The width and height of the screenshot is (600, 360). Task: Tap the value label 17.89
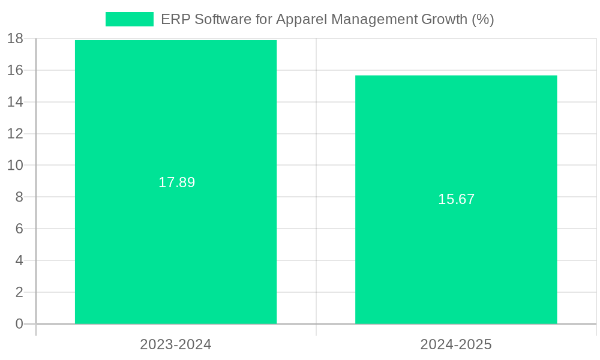click(176, 182)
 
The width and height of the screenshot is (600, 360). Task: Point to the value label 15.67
click(456, 199)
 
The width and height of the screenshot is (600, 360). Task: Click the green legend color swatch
click(130, 19)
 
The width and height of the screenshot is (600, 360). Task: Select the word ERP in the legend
click(173, 19)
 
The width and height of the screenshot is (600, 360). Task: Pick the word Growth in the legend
click(443, 19)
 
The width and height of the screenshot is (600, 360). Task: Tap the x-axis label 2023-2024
click(176, 344)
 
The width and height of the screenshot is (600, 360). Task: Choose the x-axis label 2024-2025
click(456, 344)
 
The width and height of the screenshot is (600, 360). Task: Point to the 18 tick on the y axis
click(15, 39)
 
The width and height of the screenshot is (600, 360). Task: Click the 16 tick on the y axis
click(15, 70)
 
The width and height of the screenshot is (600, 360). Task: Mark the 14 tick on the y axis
click(15, 102)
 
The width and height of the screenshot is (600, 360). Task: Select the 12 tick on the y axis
click(15, 134)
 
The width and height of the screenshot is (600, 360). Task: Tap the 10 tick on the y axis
click(15, 166)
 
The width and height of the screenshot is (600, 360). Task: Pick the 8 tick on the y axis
click(19, 197)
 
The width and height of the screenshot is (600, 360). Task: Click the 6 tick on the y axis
click(19, 229)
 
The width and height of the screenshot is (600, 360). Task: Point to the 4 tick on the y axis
click(19, 261)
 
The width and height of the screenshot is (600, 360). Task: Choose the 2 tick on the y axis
click(19, 293)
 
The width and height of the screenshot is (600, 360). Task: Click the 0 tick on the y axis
click(19, 324)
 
